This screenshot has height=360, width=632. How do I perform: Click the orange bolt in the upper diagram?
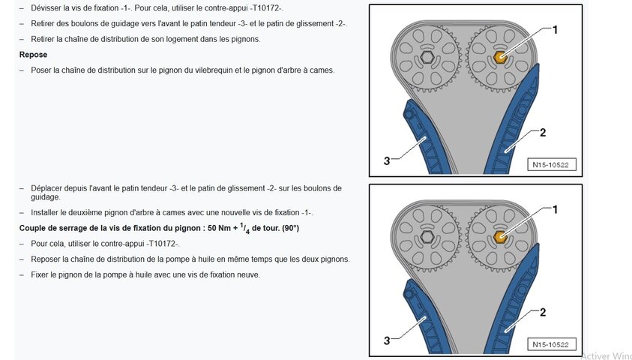point(500,57)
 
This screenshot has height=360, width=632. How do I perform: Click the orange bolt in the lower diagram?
point(500,237)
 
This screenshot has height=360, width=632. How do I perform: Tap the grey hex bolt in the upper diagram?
point(427,57)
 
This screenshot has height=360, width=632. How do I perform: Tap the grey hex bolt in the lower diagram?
point(427,237)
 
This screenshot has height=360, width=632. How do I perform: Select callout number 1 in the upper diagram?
point(555,30)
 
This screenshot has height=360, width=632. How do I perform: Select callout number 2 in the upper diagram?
point(543,133)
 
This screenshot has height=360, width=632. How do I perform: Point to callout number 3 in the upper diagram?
point(387,160)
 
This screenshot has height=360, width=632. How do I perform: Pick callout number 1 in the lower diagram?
point(555,210)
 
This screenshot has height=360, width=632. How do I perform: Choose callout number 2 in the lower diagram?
point(543,313)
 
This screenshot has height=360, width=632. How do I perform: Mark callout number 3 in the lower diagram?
point(387,340)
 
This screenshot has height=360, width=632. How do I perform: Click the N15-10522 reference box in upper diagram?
point(552,164)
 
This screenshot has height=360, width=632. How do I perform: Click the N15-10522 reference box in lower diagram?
point(552,344)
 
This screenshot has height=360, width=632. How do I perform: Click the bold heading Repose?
point(33,55)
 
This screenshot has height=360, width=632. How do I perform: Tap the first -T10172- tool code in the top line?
point(266,8)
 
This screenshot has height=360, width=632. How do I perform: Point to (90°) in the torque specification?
point(291,228)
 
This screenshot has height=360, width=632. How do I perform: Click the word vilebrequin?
point(214,70)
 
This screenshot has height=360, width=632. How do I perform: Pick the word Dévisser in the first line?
point(46,8)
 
